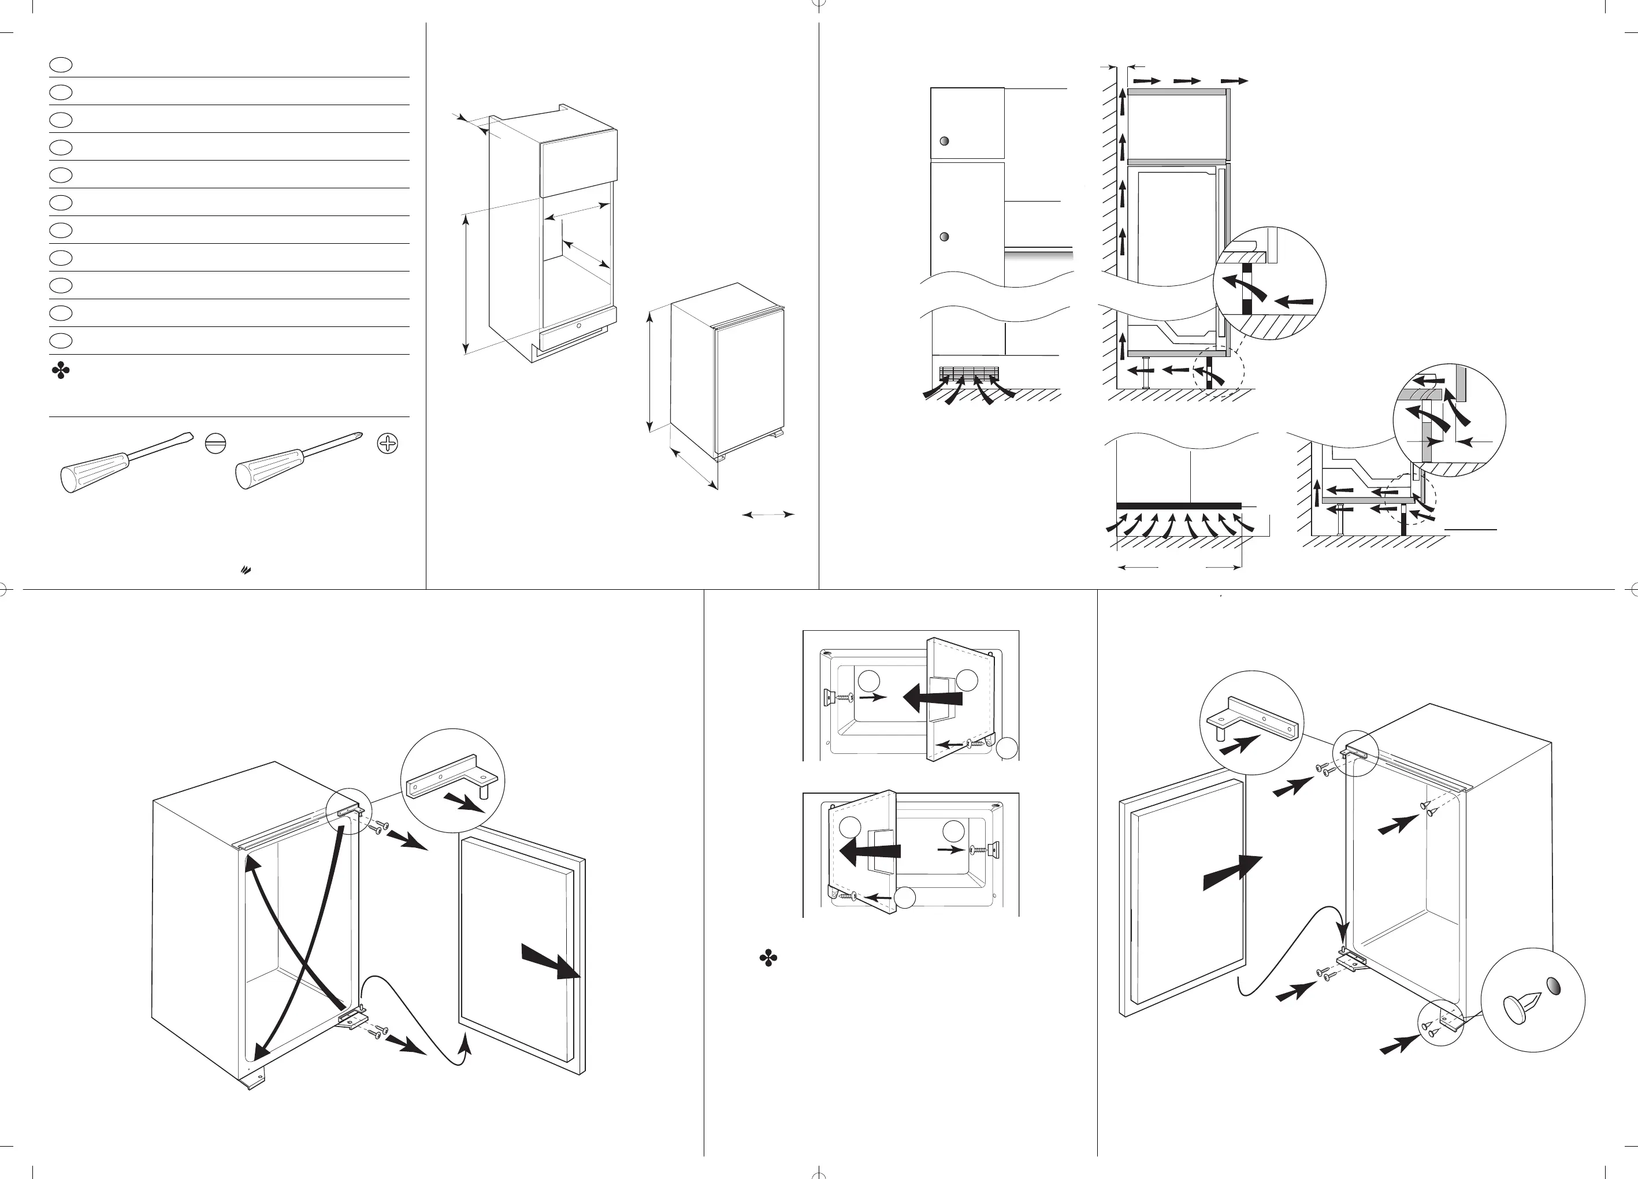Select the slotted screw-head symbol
[215, 443]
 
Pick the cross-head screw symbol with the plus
[388, 443]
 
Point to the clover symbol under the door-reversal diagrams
[768, 959]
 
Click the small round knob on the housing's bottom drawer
[578, 326]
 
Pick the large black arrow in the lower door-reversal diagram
[870, 852]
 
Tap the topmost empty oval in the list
[61, 65]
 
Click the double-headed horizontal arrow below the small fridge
[768, 515]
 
